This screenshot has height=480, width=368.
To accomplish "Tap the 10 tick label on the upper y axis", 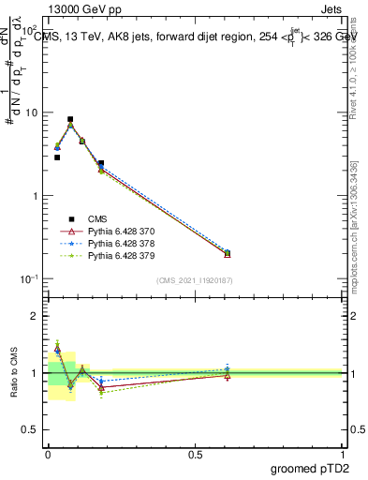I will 32,112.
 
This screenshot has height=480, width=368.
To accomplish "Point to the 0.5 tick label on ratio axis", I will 32,430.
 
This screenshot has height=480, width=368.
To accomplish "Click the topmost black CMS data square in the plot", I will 70,120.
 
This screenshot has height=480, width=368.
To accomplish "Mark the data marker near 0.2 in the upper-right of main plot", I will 227,253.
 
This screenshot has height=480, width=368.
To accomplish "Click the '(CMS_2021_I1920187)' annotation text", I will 195,280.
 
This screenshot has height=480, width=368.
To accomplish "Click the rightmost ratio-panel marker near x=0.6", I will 227,372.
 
